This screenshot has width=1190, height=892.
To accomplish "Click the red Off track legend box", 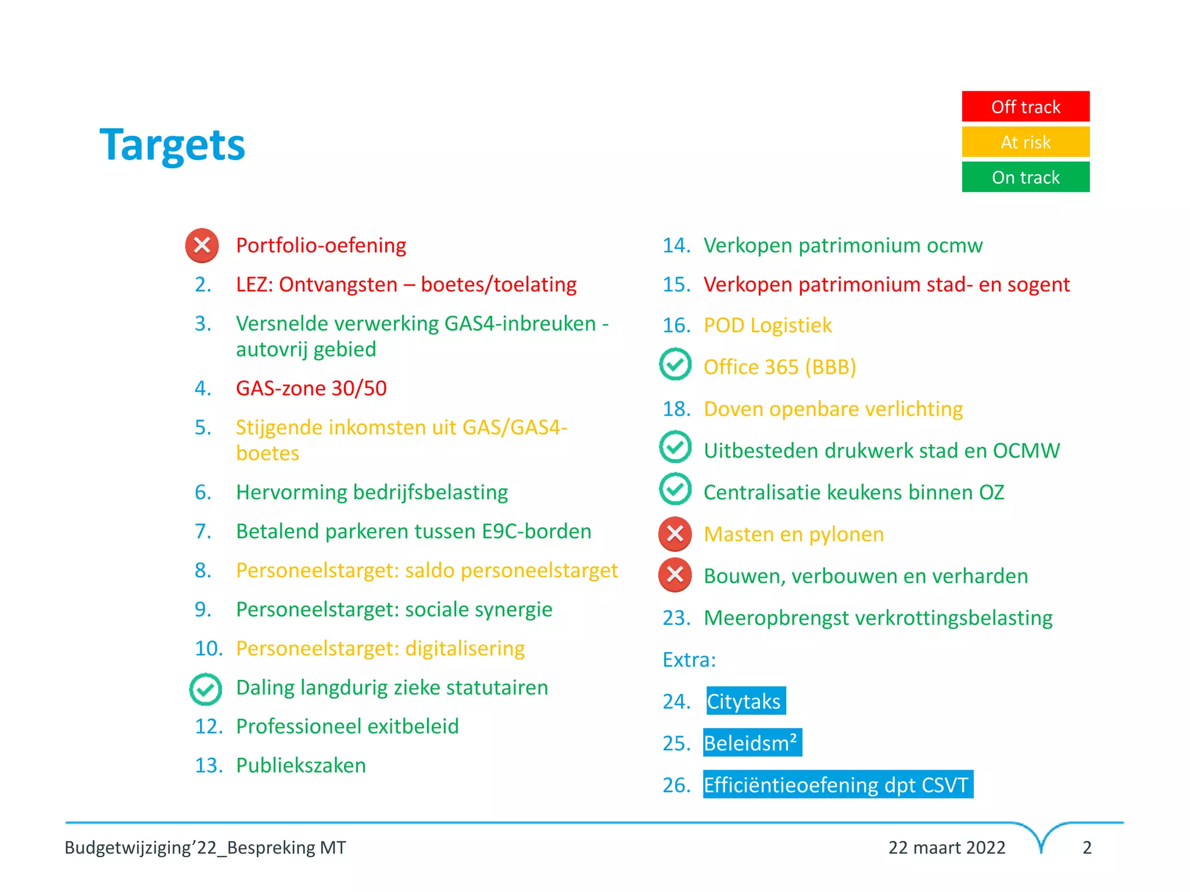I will tap(1026, 106).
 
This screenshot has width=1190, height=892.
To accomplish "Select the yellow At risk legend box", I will tap(1026, 142).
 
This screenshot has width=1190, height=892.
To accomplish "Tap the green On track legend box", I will tap(1026, 177).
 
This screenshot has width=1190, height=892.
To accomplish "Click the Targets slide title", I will tap(173, 145).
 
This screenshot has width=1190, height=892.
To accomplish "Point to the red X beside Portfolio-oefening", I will tap(202, 245).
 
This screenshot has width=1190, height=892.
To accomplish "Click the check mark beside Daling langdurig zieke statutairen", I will tap(206, 689).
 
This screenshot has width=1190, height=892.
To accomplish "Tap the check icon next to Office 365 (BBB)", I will tap(675, 365).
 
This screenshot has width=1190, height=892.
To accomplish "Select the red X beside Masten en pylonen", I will tap(675, 533).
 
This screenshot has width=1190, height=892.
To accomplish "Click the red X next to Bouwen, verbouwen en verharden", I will tap(675, 575).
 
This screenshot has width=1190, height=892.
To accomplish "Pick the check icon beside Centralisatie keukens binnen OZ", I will tap(675, 489).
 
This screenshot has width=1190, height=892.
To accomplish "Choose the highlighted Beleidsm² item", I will tap(752, 743).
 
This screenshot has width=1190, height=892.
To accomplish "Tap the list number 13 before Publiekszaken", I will tap(209, 765).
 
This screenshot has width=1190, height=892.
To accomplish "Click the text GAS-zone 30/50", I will tap(311, 388).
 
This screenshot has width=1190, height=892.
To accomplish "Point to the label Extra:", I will tap(689, 660).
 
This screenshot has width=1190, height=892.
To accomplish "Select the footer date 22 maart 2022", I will tap(947, 847).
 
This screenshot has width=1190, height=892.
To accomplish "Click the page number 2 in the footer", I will tap(1087, 847).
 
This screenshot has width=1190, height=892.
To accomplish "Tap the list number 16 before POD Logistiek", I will tap(676, 325).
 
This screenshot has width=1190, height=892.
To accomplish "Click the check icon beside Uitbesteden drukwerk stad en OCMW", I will tap(675, 447).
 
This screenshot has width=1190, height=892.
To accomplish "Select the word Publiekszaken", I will tap(301, 765).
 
